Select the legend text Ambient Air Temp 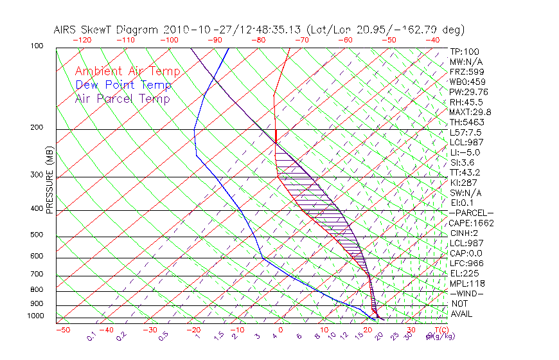127,71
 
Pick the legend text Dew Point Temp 123,85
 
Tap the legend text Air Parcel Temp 122,98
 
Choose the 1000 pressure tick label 36,316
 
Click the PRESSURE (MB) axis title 49,183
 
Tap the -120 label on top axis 82,40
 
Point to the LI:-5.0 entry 465,152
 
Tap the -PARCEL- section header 471,213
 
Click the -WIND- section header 468,293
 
